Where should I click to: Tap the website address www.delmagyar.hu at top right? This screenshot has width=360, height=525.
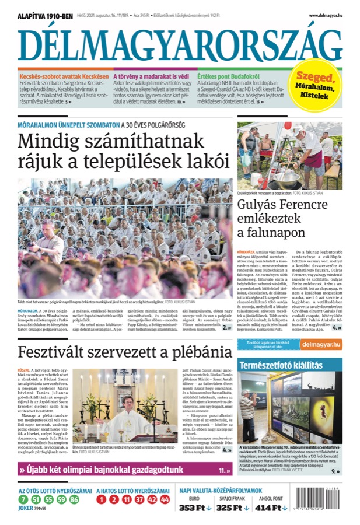click(325, 16)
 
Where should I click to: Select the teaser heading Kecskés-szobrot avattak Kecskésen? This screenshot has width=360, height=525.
click(64, 76)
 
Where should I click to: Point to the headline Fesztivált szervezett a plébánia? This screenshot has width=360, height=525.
click(125, 352)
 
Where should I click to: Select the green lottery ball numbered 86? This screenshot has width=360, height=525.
click(74, 499)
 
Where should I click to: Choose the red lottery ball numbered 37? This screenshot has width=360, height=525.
click(139, 499)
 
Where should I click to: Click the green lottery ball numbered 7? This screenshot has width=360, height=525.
click(22, 499)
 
